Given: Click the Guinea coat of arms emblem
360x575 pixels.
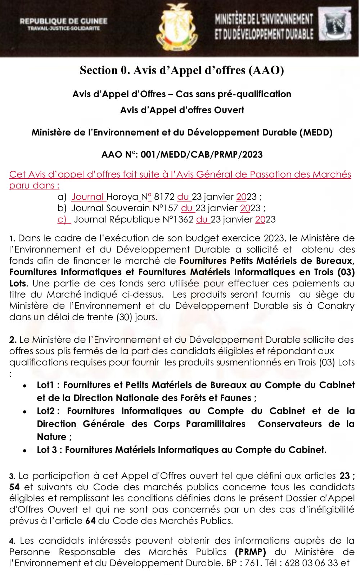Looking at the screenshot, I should click(x=177, y=28).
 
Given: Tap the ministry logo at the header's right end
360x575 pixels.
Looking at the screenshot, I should click(x=337, y=24).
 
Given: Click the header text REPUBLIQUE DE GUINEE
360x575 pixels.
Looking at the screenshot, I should click(x=63, y=21).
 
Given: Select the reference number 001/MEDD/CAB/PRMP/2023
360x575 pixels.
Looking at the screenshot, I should click(x=202, y=155).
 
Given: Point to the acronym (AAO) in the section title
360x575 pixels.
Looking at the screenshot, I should click(x=266, y=70).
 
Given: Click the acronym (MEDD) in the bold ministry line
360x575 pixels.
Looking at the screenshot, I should click(x=316, y=132).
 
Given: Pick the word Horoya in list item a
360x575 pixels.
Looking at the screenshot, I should click(x=122, y=197).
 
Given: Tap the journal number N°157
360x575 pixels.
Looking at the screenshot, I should click(x=165, y=208).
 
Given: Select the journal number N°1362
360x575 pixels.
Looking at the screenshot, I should click(x=178, y=219).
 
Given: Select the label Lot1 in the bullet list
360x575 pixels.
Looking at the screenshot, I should click(x=45, y=385).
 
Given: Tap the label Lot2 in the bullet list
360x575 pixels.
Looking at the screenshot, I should click(x=46, y=411).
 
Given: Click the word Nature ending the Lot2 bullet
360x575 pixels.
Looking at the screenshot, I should click(x=52, y=437).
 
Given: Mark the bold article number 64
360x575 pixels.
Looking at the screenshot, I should click(x=90, y=521).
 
